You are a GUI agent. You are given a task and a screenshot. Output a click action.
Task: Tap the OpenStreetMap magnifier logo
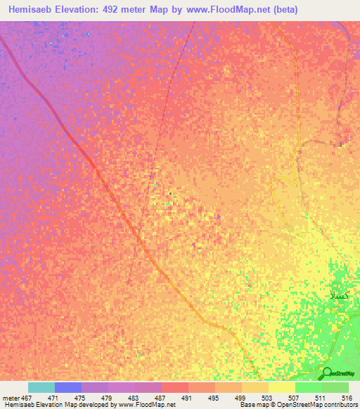tap(326, 372)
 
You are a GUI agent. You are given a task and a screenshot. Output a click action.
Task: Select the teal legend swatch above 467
tap(41, 387)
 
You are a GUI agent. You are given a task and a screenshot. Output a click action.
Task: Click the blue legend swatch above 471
tap(68, 387)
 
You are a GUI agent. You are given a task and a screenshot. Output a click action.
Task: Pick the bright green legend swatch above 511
tap(309, 387)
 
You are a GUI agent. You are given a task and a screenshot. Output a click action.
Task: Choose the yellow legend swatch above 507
tap(282, 387)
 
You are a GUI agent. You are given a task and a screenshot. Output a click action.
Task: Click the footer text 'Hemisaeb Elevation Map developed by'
tap(58, 405)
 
